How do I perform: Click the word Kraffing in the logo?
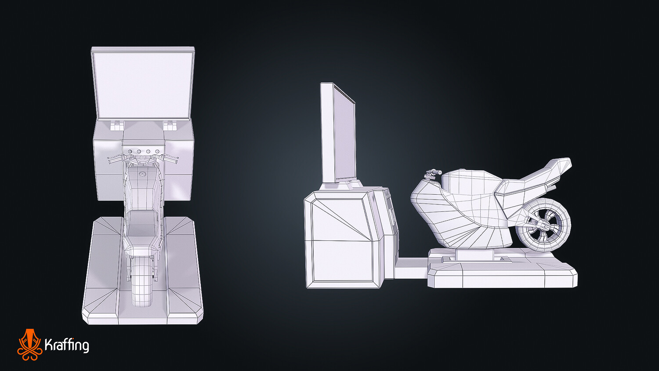(x=67, y=345)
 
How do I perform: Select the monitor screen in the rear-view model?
(x=143, y=84)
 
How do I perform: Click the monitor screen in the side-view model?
(x=344, y=132)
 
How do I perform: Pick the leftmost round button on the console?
(x=129, y=152)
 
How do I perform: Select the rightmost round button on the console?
(x=157, y=152)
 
